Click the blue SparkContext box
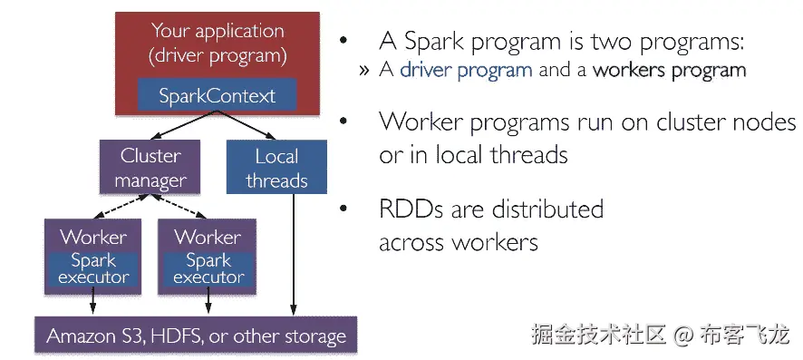point(218,94)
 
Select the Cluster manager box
point(150,168)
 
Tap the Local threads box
point(276,168)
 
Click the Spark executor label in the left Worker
point(93,268)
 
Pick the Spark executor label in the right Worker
point(208,268)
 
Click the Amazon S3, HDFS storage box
point(196,336)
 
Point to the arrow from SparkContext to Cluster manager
point(186,125)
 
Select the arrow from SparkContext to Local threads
point(247,125)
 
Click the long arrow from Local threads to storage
point(294,255)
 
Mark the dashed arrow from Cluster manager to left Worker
point(122,207)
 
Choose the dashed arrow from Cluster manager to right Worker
point(179,207)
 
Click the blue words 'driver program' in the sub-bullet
point(466,70)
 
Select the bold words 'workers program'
point(669,70)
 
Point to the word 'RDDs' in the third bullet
point(411,209)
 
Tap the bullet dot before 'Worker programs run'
point(343,122)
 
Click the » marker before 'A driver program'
point(364,71)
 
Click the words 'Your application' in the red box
point(218,31)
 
